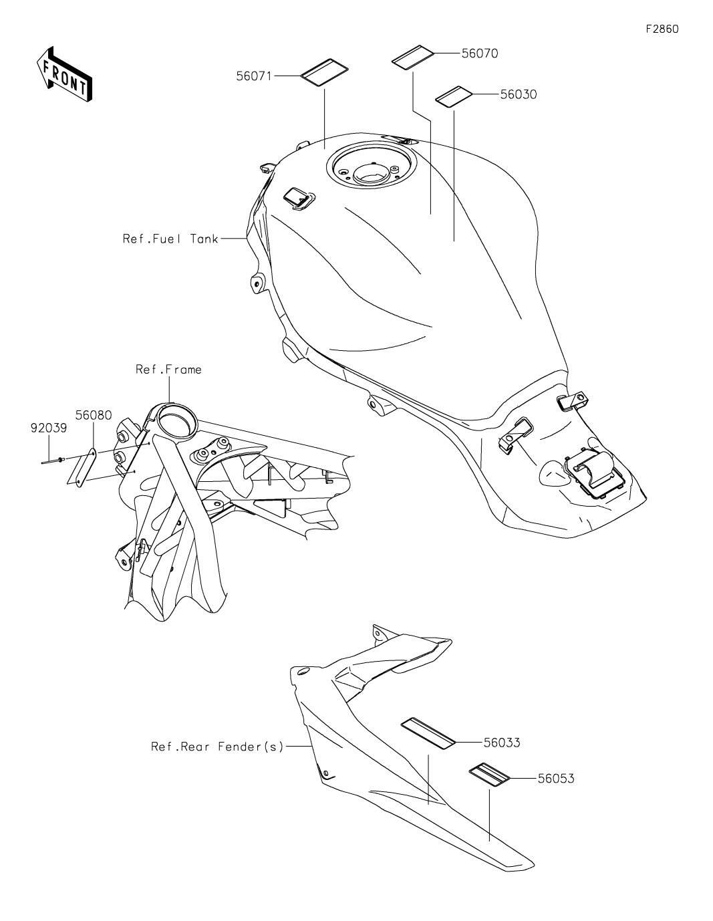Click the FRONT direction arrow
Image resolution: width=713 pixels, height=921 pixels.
(64, 74)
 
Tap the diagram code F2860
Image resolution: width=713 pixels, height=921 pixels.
(662, 29)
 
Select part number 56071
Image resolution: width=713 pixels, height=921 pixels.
(253, 76)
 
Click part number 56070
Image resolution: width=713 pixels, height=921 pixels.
(479, 53)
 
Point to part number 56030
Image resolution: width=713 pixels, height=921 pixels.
(518, 95)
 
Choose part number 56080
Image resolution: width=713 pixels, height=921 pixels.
(93, 415)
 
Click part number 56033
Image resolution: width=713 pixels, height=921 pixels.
(501, 743)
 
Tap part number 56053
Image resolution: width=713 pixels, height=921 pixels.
(555, 779)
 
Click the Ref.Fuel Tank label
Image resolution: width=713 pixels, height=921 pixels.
(170, 239)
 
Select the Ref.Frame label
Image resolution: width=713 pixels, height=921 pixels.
(168, 369)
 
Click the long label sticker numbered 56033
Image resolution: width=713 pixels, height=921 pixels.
(428, 732)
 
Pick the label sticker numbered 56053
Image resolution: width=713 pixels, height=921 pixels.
(489, 774)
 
